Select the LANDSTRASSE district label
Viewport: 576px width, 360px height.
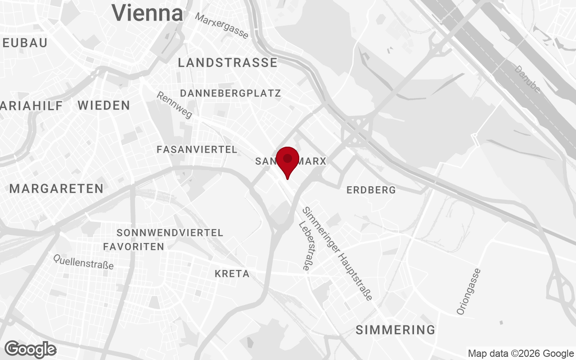pyautogui.click(x=228, y=63)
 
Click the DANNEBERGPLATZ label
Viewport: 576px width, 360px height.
pyautogui.click(x=230, y=94)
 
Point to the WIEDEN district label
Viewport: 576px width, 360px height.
pyautogui.click(x=104, y=106)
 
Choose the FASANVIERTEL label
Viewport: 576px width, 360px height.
pyautogui.click(x=197, y=150)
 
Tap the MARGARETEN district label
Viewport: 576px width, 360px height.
pyautogui.click(x=57, y=189)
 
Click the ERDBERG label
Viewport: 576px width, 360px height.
pyautogui.click(x=371, y=190)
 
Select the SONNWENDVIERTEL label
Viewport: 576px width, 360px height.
pyautogui.click(x=170, y=233)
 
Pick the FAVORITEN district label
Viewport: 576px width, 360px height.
pyautogui.click(x=134, y=247)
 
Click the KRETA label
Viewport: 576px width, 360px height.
pyautogui.click(x=232, y=274)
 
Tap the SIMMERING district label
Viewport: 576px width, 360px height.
pyautogui.click(x=396, y=330)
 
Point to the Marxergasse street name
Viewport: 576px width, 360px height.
pyautogui.click(x=222, y=25)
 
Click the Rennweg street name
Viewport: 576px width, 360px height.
pyautogui.click(x=175, y=105)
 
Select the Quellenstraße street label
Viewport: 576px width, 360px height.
pyautogui.click(x=83, y=261)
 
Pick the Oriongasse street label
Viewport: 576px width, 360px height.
pyautogui.click(x=468, y=292)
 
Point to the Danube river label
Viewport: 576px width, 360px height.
pyautogui.click(x=527, y=79)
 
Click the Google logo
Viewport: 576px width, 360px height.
pyautogui.click(x=31, y=349)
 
